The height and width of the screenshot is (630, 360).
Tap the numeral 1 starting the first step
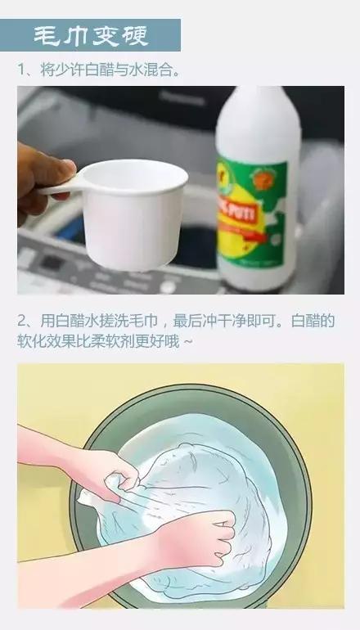coord(23,70)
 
